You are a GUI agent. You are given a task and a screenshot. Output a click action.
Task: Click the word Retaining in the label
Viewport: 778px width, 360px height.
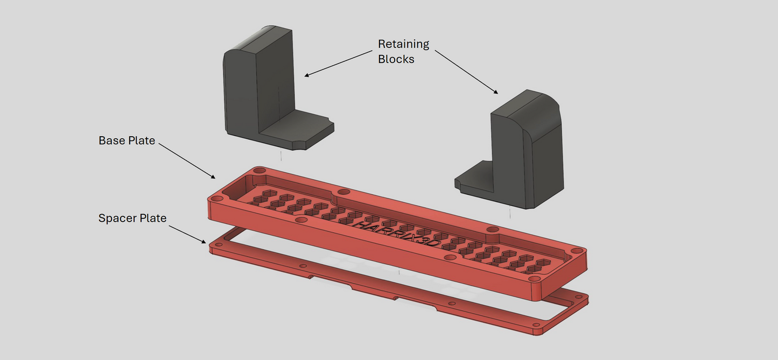(403, 44)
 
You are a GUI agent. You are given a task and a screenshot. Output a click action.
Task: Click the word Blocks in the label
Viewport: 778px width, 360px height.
(396, 59)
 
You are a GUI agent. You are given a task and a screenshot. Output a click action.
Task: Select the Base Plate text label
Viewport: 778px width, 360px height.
(127, 141)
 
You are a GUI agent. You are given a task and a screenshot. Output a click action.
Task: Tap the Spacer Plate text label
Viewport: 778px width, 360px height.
(132, 218)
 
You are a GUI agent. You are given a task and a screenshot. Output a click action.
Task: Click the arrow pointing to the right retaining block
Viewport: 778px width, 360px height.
(466, 73)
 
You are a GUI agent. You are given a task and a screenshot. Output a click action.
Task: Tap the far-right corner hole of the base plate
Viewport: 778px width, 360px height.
(577, 251)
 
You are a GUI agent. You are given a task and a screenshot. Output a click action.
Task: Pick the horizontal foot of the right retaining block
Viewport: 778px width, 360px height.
(474, 181)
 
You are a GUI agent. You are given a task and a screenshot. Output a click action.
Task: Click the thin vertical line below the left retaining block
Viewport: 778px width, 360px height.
(281, 156)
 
